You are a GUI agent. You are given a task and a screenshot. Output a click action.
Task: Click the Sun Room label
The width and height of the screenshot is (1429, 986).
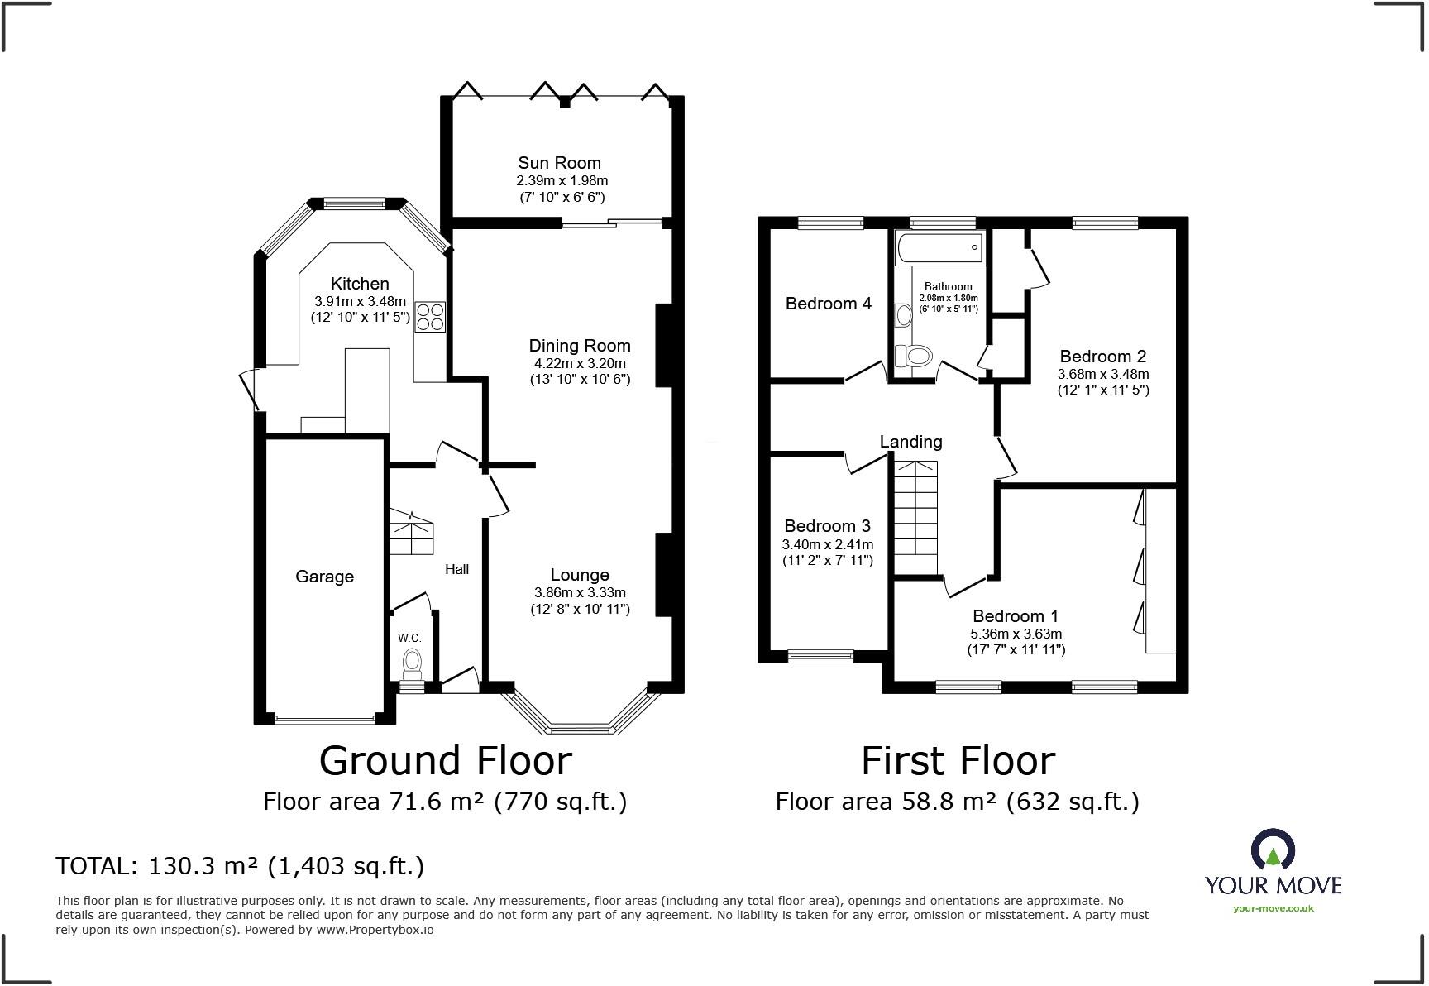click(x=559, y=163)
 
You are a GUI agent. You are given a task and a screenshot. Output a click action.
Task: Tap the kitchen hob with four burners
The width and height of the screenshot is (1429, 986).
click(x=430, y=316)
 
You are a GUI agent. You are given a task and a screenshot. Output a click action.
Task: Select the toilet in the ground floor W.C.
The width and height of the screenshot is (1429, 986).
click(x=411, y=662)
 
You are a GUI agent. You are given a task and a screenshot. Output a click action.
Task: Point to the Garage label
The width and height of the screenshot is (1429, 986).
click(x=324, y=577)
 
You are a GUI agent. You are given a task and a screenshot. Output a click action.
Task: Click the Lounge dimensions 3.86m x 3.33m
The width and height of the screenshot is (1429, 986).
click(x=580, y=592)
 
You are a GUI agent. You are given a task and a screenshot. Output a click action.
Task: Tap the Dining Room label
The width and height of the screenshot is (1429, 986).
click(x=580, y=346)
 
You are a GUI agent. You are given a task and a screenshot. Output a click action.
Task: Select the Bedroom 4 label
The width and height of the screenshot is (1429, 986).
click(x=828, y=304)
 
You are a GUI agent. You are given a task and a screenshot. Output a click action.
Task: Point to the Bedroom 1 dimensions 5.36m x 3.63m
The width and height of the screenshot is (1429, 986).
click(x=1016, y=634)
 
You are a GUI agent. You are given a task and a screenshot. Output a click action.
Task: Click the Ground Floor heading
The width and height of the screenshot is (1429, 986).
click(x=445, y=760)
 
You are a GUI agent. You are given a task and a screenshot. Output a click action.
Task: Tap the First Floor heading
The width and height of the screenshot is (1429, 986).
click(x=958, y=760)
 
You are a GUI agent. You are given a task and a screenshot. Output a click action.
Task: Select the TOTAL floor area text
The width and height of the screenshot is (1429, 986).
click(x=240, y=866)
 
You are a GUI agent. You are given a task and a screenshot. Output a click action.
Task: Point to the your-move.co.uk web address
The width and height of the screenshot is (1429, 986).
click(x=1273, y=908)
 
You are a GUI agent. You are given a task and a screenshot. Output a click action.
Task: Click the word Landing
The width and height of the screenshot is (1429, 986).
click(x=910, y=442)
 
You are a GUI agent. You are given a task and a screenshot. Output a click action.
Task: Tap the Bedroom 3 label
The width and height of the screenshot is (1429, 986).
click(x=827, y=526)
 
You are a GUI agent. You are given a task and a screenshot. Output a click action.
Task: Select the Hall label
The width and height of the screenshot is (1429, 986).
click(x=456, y=569)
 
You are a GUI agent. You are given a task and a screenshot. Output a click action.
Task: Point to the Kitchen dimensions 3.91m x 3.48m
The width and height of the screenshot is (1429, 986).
click(x=360, y=301)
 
